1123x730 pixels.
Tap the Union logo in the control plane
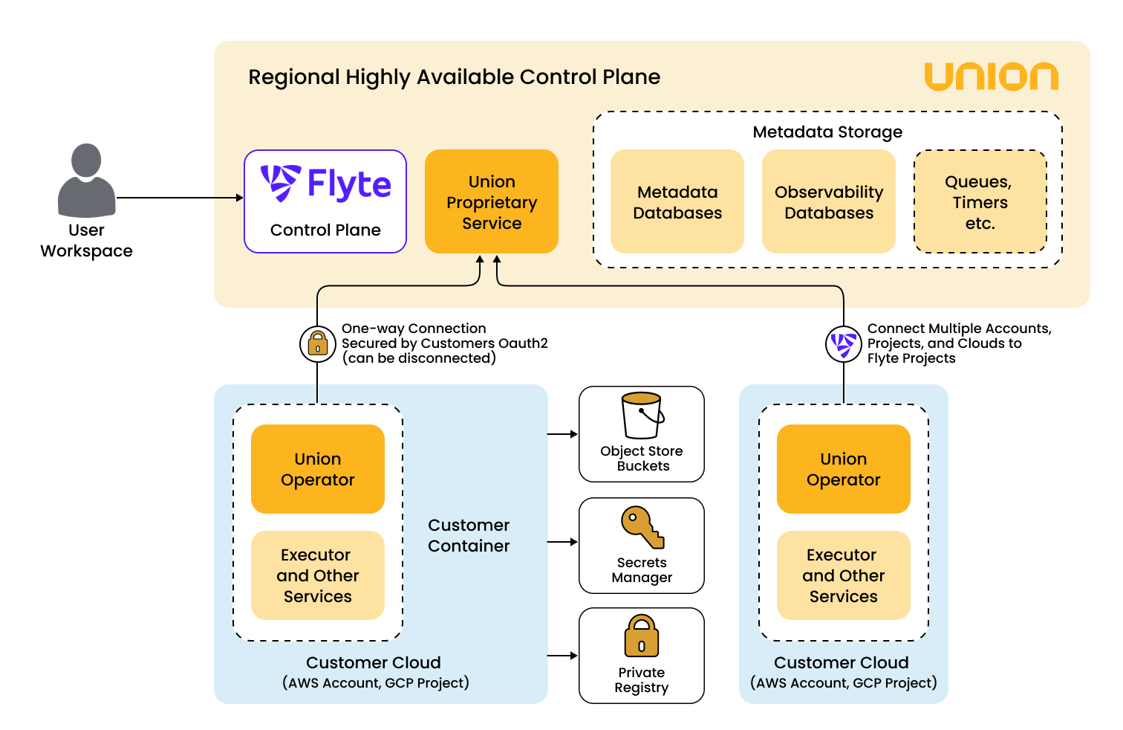(991, 77)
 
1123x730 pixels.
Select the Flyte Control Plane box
(325, 201)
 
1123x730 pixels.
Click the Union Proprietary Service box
(492, 201)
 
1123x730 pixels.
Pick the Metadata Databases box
(677, 201)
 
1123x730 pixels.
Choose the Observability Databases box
(829, 201)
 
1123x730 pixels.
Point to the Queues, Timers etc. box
(980, 201)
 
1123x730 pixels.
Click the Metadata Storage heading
(827, 132)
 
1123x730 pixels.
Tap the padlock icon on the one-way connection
(318, 344)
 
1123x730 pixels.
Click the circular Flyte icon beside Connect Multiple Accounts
(844, 344)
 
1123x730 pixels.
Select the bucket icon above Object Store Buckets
(642, 416)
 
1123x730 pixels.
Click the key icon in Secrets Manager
(642, 528)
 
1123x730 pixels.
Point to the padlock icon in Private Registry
(642, 636)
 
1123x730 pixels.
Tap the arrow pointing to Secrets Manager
(563, 542)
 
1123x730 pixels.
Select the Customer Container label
(469, 535)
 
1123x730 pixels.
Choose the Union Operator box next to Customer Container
(318, 469)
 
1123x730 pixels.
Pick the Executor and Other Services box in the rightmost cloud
(844, 575)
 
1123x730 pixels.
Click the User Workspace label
(86, 240)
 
